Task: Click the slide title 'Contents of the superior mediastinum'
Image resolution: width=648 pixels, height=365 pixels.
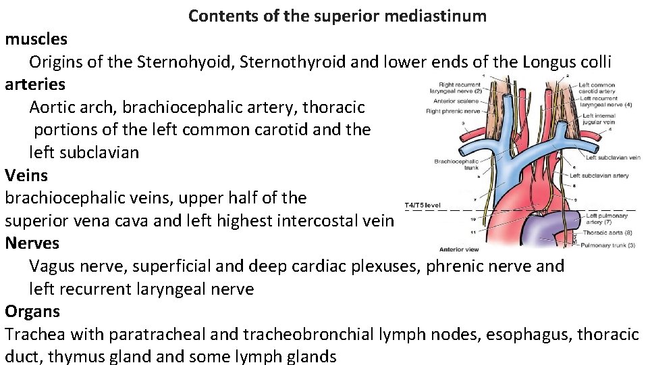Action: pyautogui.click(x=337, y=16)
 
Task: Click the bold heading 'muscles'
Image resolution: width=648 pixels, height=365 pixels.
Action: pyautogui.click(x=36, y=39)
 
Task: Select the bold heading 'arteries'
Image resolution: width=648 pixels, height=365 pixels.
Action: pyautogui.click(x=35, y=84)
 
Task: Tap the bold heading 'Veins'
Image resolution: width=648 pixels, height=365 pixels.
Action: pyautogui.click(x=26, y=175)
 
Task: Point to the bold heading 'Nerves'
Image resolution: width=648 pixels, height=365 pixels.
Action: pyautogui.click(x=32, y=243)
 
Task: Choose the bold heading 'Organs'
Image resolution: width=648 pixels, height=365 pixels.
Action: pyautogui.click(x=32, y=312)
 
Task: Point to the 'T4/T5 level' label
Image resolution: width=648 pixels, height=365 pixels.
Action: pyautogui.click(x=423, y=205)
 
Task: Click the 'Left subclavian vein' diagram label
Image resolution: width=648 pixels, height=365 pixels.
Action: pyautogui.click(x=612, y=157)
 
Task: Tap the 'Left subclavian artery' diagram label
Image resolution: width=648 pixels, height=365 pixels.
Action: pyautogui.click(x=599, y=176)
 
